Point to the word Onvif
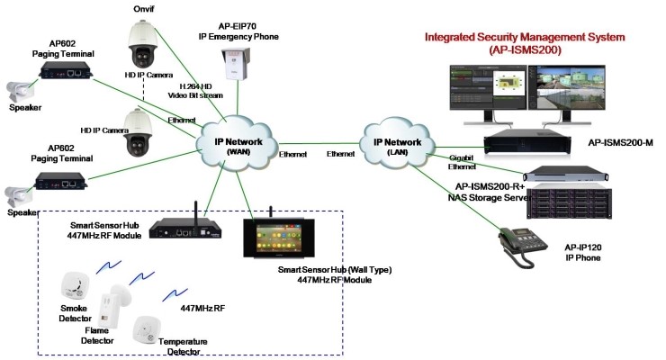[x=143, y=8]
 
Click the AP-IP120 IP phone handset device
[x=528, y=244]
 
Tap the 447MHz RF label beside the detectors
[x=203, y=308]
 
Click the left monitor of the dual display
[x=487, y=93]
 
